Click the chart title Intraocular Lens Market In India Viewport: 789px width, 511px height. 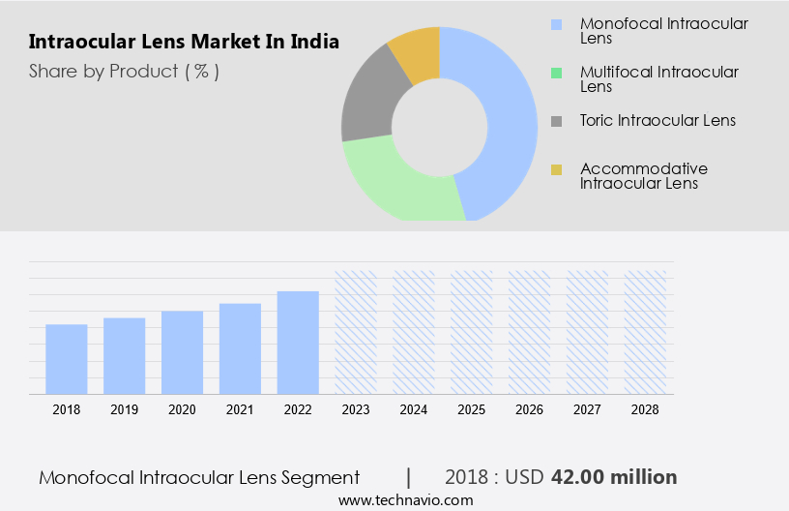click(184, 43)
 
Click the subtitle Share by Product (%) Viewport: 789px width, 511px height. click(124, 71)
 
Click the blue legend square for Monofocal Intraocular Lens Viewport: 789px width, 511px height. click(556, 23)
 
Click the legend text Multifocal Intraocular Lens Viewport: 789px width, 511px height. click(658, 78)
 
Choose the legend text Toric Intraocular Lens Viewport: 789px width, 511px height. click(657, 120)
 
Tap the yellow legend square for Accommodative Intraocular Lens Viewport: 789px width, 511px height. click(556, 170)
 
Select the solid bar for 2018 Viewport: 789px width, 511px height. click(67, 359)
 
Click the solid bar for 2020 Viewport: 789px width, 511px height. click(182, 352)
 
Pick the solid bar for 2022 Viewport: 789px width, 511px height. click(298, 343)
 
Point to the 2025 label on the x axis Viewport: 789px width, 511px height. click(471, 409)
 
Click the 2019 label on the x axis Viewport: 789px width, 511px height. click(124, 409)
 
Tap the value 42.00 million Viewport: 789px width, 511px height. click(614, 477)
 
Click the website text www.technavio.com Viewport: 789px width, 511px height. click(405, 500)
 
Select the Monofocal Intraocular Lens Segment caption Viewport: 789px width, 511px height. click(199, 477)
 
